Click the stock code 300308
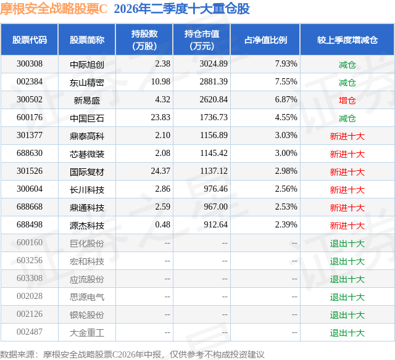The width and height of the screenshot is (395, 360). (x=30, y=64)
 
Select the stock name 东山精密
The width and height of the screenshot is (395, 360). (x=87, y=83)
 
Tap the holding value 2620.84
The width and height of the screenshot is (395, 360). (x=214, y=100)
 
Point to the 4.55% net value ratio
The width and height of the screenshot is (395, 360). (x=286, y=118)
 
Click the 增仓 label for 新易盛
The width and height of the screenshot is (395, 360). (x=347, y=100)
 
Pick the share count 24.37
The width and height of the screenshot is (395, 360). (x=160, y=171)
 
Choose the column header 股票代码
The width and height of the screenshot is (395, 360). (x=30, y=40)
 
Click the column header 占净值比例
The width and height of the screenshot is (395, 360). (x=265, y=40)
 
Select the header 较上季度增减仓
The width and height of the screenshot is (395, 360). (x=347, y=40)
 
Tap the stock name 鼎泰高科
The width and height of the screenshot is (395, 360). (x=87, y=136)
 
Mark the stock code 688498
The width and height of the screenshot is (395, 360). (x=30, y=224)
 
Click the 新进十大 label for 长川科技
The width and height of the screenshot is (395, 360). (x=347, y=190)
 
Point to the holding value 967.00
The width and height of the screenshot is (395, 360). (x=215, y=207)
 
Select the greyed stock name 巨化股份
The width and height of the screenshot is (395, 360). (x=87, y=243)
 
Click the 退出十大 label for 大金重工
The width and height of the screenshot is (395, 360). (x=347, y=333)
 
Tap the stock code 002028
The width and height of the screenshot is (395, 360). (x=30, y=296)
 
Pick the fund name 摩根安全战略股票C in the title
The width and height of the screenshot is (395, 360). (x=54, y=9)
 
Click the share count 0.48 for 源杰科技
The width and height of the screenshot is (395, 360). (x=162, y=224)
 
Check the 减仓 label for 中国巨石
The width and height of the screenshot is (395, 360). (x=347, y=118)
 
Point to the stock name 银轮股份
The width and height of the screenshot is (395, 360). (x=87, y=315)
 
